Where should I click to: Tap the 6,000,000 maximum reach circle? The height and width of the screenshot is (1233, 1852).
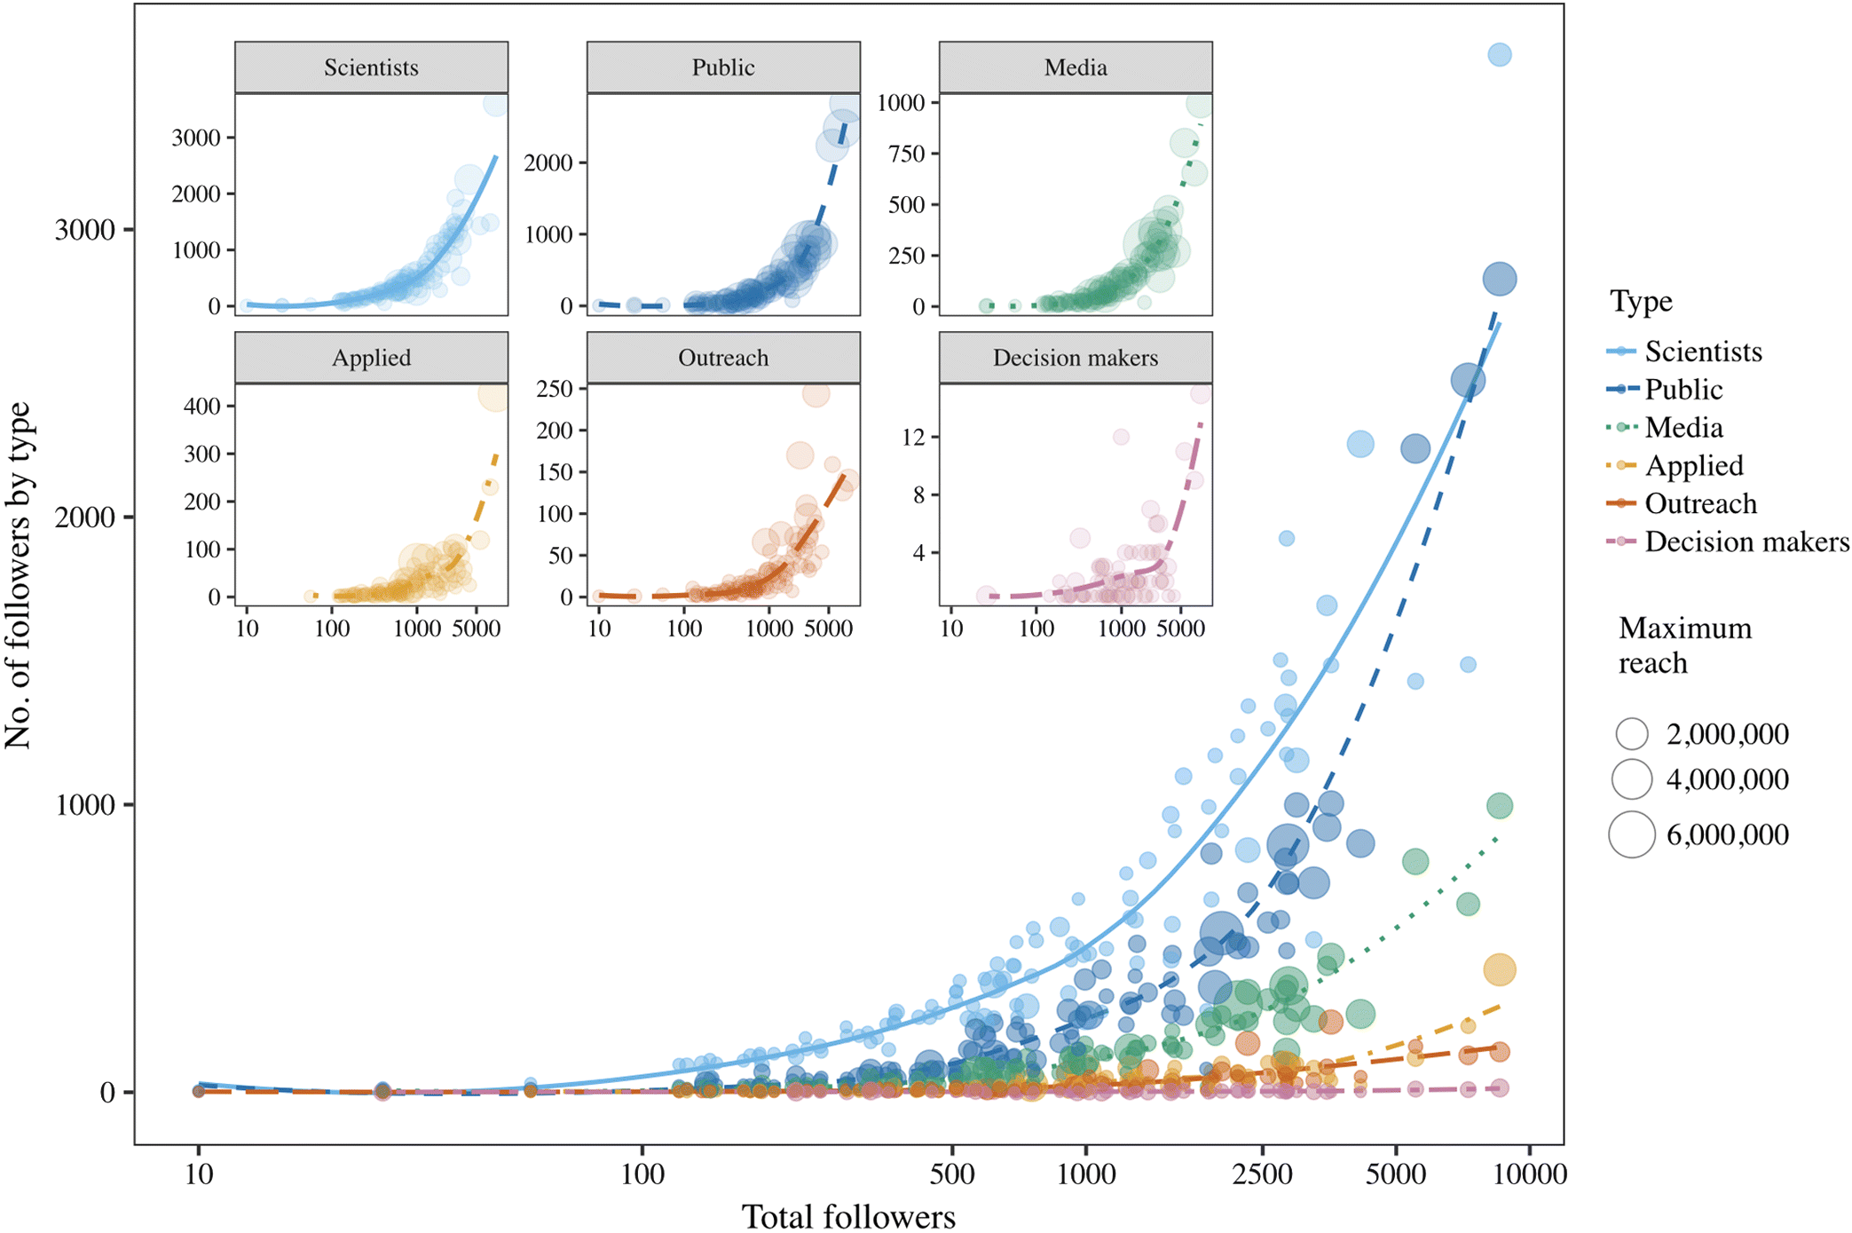1631,834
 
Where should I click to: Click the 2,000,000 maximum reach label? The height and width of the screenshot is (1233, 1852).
1727,734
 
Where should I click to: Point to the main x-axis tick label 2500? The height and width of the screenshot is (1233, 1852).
1262,1174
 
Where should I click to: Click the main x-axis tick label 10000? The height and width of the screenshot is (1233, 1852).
1529,1174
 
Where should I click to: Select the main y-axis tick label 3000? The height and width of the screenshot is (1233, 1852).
85,230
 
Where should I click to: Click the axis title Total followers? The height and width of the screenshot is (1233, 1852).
848,1216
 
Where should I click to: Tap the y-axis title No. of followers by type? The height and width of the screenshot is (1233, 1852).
18,575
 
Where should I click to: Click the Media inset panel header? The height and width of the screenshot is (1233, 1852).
1076,67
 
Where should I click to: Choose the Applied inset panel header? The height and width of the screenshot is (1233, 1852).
371,358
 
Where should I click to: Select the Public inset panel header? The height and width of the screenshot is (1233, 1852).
723,67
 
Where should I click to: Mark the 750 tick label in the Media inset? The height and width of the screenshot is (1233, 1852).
907,154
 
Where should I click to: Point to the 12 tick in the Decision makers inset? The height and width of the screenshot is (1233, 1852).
913,437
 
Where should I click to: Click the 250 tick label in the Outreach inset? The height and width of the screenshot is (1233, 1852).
555,389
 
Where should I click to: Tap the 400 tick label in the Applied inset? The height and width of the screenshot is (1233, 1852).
202,407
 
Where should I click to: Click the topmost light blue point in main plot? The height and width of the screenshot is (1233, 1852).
1499,55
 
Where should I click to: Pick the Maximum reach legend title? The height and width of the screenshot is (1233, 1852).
1684,645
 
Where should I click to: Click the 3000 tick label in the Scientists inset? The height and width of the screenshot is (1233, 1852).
196,138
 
